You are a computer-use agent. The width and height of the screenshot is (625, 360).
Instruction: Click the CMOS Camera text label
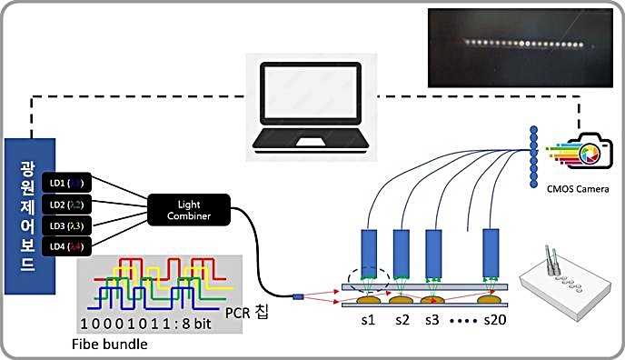577,188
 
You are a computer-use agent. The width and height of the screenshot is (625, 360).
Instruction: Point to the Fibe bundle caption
110,345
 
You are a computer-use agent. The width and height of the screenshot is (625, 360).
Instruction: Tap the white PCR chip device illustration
562,286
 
